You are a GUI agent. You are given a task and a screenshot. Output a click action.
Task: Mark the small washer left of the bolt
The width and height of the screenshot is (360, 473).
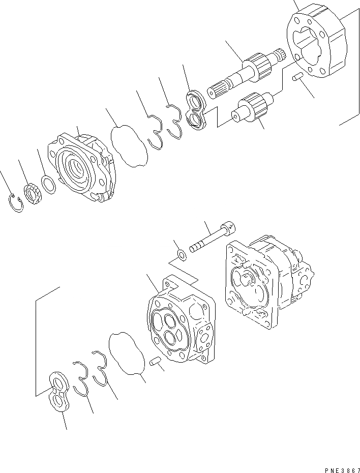coord(181,254)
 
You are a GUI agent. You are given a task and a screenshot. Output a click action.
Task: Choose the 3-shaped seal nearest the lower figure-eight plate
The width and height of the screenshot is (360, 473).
coord(81,379)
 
